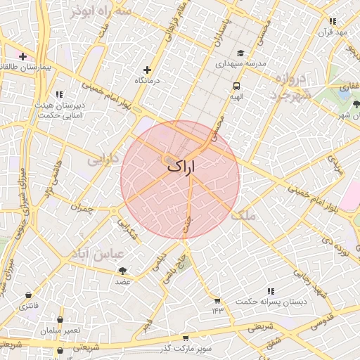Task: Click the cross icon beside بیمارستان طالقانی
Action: click(23, 56)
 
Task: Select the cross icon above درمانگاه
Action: click(147, 70)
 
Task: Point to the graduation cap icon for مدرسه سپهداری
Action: click(240, 53)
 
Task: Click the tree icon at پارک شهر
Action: click(356, 105)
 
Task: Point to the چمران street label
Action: click(82, 207)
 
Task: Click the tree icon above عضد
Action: click(123, 271)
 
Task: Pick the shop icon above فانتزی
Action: click(28, 295)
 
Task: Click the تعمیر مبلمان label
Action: click(60, 330)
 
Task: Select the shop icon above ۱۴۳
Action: click(217, 300)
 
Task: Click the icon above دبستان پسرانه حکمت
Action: click(270, 290)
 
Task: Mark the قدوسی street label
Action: click(321, 322)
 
